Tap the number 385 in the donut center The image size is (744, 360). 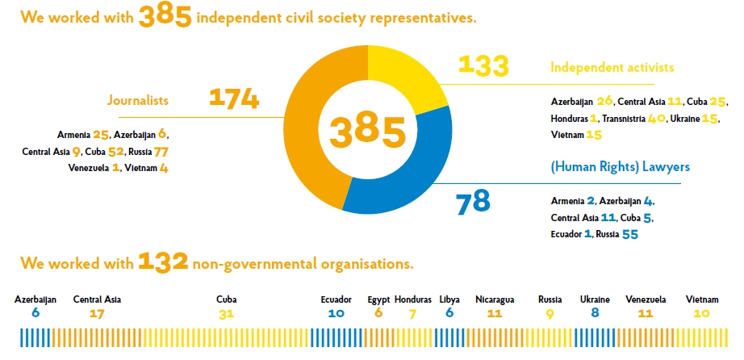[x=368, y=132]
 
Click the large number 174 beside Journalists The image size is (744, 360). [x=234, y=98]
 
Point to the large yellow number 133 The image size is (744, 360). [x=483, y=65]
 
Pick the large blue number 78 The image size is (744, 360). [x=473, y=203]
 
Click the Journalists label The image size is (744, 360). [x=138, y=101]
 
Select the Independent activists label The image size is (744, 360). [x=612, y=68]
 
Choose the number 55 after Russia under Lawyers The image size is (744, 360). [x=629, y=234]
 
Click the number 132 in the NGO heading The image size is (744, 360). [x=163, y=262]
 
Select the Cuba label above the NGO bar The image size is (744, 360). [x=226, y=299]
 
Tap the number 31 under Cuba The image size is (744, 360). [x=226, y=314]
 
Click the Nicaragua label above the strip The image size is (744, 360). [x=495, y=299]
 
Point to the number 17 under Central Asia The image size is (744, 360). [x=97, y=314]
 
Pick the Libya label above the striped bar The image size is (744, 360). [x=449, y=300]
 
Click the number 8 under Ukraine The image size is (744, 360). [x=595, y=313]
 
